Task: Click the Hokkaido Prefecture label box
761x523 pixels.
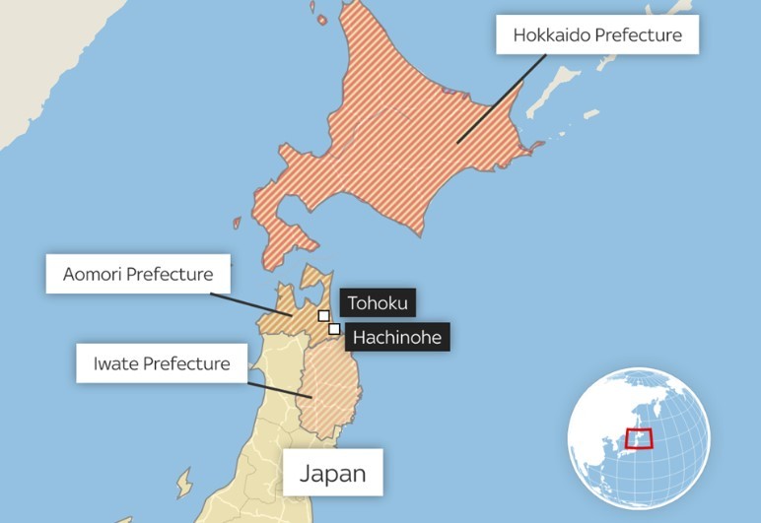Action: [x=597, y=36]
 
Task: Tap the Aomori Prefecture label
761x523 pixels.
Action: [x=138, y=274]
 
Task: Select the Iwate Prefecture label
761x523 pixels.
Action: [x=162, y=363]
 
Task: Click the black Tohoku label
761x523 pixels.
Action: [x=377, y=303]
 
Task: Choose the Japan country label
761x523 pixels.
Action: [x=332, y=473]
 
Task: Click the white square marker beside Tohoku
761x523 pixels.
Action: [x=323, y=316]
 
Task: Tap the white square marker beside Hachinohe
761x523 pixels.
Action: [x=335, y=328]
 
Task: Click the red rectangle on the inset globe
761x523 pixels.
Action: [x=640, y=439]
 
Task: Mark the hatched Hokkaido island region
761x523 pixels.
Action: [x=394, y=148]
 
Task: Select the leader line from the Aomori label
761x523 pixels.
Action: [x=252, y=303]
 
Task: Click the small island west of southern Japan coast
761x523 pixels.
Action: [x=183, y=484]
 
